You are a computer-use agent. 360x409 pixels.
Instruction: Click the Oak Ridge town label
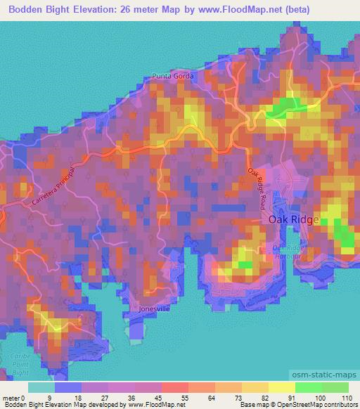294,219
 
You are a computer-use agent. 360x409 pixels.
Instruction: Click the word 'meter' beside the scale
10,398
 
